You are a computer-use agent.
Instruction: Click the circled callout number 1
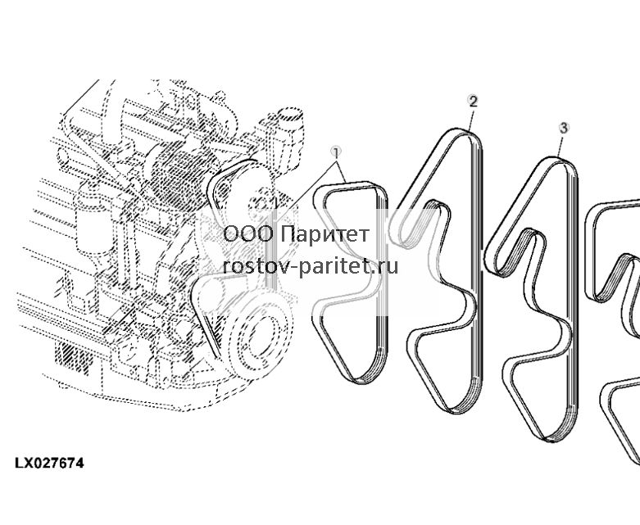pyautogui.click(x=336, y=153)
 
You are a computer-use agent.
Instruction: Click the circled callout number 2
pyautogui.click(x=472, y=101)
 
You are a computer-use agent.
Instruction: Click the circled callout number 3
pyautogui.click(x=563, y=128)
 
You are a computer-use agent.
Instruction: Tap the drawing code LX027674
pyautogui.click(x=49, y=464)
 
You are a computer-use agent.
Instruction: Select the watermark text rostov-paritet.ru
pyautogui.click(x=311, y=267)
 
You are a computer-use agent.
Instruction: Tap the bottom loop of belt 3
pyautogui.click(x=555, y=437)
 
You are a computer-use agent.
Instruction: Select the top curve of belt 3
pyautogui.click(x=558, y=160)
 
